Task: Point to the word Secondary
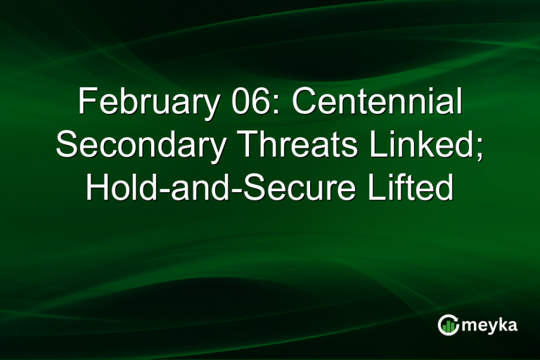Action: click(x=141, y=146)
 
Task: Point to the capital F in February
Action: click(x=85, y=103)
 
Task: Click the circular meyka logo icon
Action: click(x=448, y=324)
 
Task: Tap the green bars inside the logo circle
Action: click(x=448, y=326)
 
